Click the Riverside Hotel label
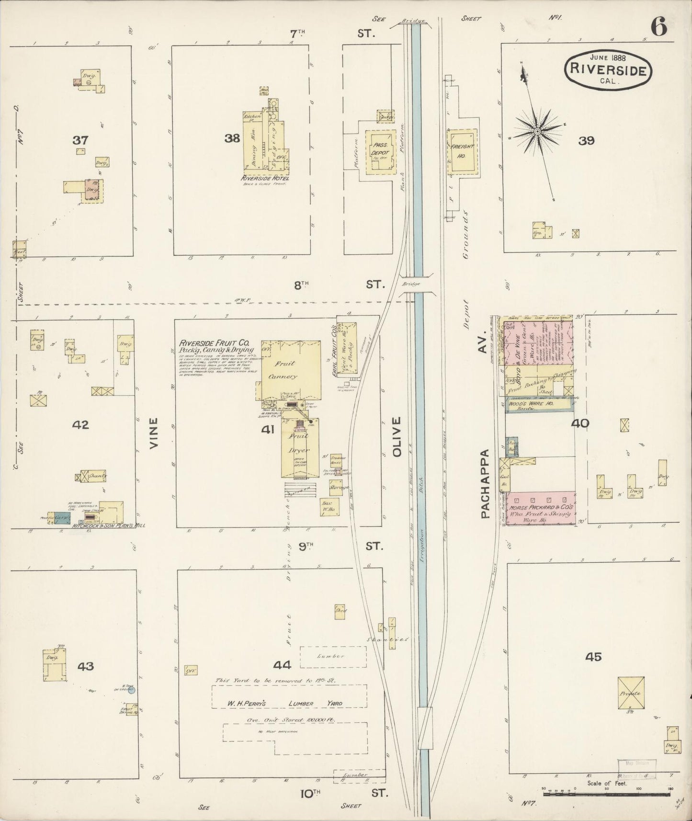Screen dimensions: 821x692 click(x=266, y=178)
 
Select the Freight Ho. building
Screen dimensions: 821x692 click(x=462, y=151)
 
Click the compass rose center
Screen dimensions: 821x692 click(x=537, y=130)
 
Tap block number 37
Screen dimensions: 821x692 click(x=80, y=140)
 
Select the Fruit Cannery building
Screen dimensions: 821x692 click(x=290, y=370)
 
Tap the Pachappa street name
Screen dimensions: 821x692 click(x=485, y=484)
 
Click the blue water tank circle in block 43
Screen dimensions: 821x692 click(x=131, y=690)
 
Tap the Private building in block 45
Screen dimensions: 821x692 click(x=631, y=693)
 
